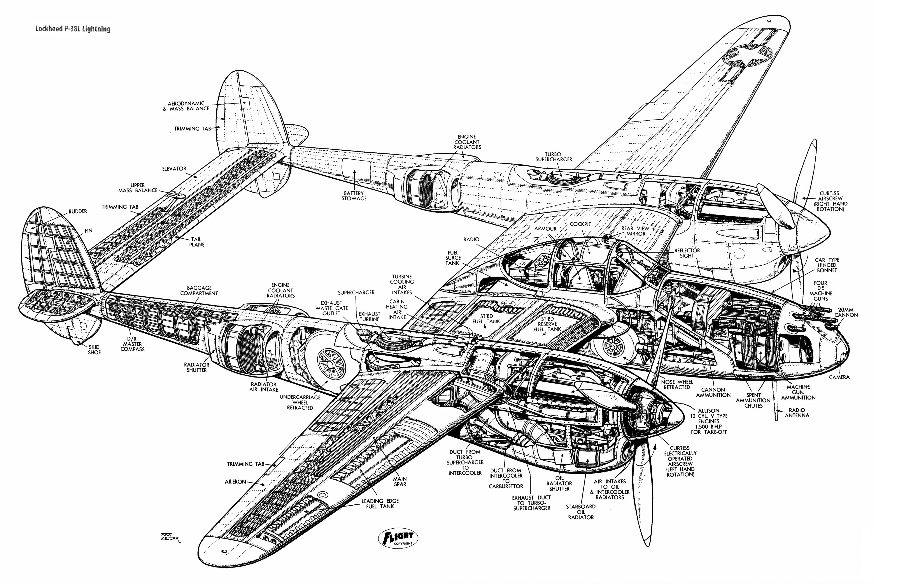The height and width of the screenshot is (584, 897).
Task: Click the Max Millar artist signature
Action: click(170, 537)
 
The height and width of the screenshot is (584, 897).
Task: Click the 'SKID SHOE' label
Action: click(94, 350)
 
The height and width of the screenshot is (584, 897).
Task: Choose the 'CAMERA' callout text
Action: click(839, 377)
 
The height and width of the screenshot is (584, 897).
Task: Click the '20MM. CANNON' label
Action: click(846, 312)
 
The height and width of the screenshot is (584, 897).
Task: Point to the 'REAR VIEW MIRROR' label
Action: click(635, 231)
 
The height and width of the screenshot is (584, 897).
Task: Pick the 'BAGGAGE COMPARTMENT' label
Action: click(199, 290)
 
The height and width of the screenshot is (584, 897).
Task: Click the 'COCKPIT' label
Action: click(580, 224)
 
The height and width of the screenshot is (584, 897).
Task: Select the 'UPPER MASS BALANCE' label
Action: click(138, 188)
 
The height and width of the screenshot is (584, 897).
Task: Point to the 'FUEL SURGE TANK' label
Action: click(453, 257)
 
